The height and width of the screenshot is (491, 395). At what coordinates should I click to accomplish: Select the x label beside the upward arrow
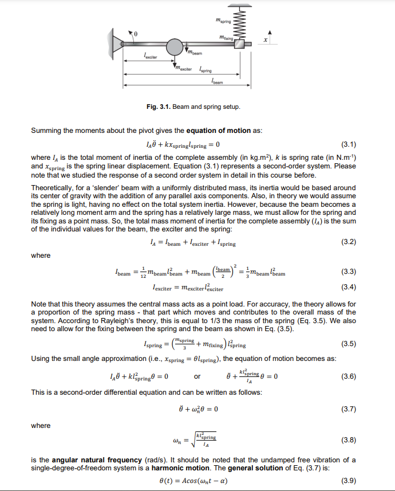(265, 40)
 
